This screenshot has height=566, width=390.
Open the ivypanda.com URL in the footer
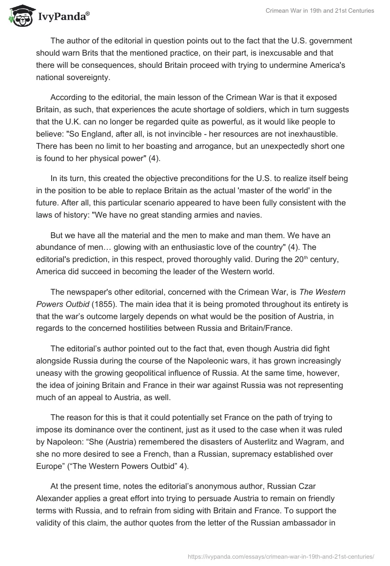pyautogui.click(x=280, y=555)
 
